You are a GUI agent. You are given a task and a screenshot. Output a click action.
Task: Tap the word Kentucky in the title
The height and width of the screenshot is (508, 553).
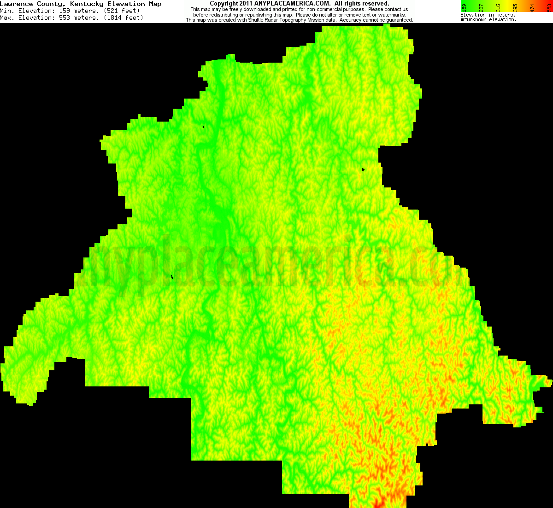[x=87, y=4]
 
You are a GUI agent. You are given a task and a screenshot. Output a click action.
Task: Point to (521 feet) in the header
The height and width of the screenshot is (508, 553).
[x=118, y=11]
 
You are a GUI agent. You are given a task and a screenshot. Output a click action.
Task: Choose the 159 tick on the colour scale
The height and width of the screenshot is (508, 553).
[x=464, y=8]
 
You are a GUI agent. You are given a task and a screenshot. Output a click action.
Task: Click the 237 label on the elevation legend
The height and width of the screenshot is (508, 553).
[x=481, y=8]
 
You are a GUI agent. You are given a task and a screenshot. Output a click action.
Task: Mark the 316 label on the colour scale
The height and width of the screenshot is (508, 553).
[x=498, y=8]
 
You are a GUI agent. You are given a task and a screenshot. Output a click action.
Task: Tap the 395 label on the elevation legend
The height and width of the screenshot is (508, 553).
[x=515, y=8]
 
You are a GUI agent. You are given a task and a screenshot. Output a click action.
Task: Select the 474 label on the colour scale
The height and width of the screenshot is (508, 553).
[x=532, y=8]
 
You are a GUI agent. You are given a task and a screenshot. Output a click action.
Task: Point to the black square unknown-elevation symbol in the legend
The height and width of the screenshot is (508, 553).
[x=462, y=20]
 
